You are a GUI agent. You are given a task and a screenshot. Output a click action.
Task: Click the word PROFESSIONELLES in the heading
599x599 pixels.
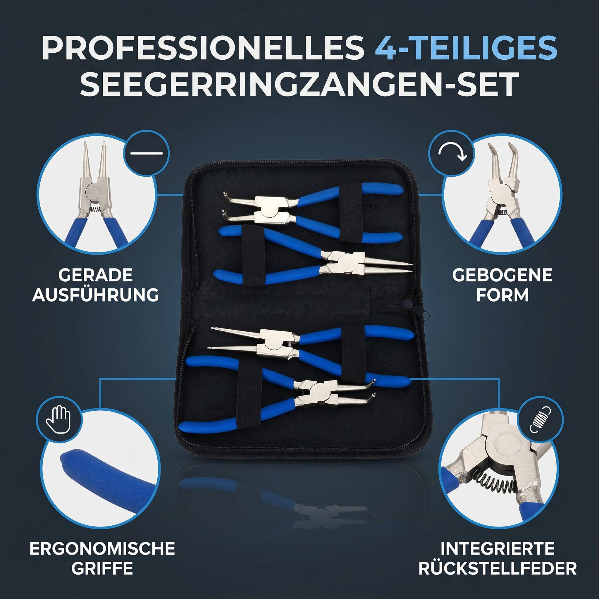click(x=203, y=47)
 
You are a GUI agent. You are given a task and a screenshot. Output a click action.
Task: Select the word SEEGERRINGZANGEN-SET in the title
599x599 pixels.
click(x=299, y=84)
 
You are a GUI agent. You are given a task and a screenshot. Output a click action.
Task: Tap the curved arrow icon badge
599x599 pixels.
click(x=452, y=153)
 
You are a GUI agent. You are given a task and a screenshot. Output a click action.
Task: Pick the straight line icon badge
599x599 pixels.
click(x=146, y=153)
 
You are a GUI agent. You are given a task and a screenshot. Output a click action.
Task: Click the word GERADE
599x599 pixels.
click(x=95, y=275)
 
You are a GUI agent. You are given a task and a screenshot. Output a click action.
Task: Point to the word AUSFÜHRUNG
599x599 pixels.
click(x=95, y=295)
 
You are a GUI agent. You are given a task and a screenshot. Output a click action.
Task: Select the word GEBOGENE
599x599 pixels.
click(x=502, y=275)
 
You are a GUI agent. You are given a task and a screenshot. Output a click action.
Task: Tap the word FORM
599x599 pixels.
click(x=502, y=295)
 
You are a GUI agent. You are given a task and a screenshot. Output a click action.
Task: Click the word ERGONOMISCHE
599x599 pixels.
click(x=102, y=549)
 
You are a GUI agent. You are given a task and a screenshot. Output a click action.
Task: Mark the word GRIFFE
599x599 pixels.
click(x=102, y=568)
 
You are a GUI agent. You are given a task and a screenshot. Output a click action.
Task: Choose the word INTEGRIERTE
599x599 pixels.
click(x=498, y=549)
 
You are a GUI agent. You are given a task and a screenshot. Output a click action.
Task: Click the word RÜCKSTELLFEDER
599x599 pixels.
click(x=498, y=568)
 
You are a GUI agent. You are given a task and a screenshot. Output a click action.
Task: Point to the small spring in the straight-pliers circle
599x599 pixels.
click(x=94, y=210)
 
